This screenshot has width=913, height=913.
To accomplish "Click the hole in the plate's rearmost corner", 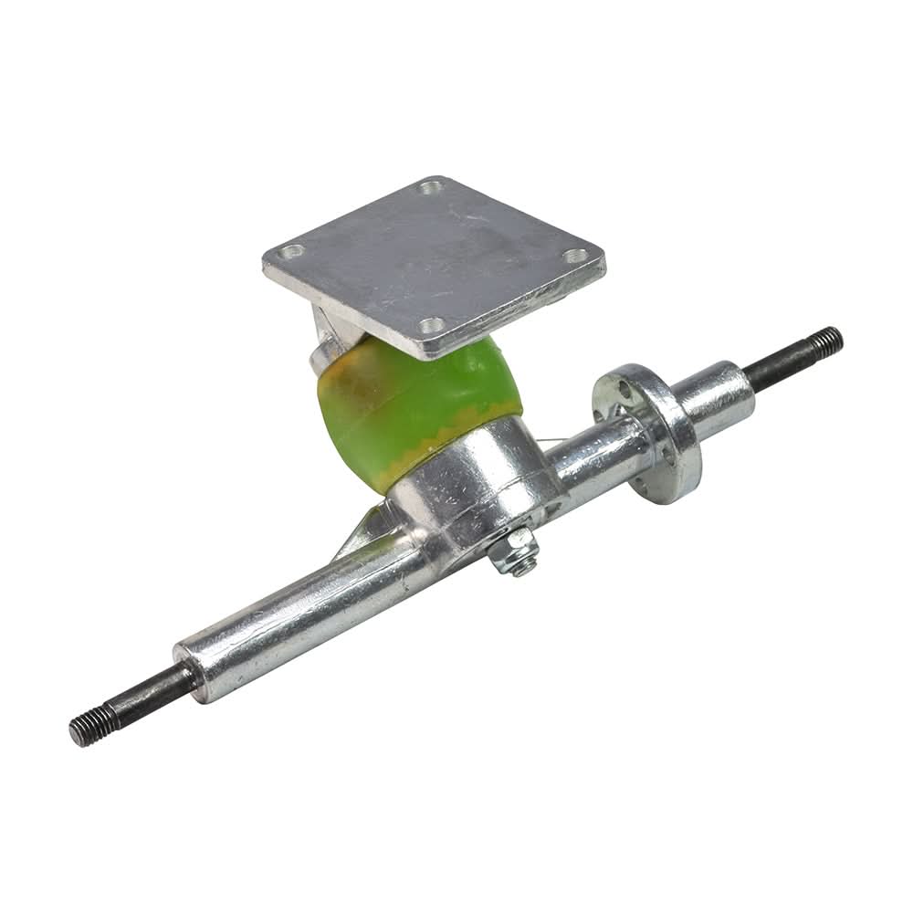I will pos(430,189).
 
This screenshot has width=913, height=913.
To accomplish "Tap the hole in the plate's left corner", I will pos(290,251).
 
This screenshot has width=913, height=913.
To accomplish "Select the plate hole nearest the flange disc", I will pos(575,256).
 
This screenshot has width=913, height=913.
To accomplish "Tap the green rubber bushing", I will pos(415,402).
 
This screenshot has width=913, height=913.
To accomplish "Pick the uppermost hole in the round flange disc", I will pos(624,387).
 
